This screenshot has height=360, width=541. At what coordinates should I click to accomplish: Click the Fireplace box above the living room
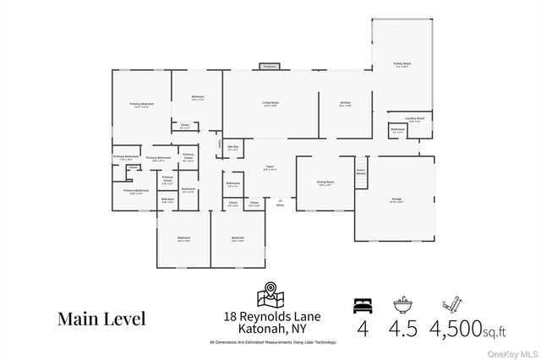[270, 66]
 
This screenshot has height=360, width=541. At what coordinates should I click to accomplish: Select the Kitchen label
[345, 103]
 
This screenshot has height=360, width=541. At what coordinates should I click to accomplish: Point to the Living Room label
[270, 103]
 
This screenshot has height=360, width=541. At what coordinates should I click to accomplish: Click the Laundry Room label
[413, 119]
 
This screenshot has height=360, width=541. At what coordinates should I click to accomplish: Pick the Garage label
[396, 199]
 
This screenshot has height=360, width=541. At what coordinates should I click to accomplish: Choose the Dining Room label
[325, 183]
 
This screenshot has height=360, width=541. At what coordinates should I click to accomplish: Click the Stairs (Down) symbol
[361, 166]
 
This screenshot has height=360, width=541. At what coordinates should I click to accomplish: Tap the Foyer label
[269, 168]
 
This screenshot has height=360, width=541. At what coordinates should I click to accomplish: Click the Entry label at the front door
[280, 205]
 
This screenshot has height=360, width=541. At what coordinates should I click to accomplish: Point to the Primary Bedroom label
[141, 105]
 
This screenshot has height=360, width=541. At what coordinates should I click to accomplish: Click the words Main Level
[101, 319]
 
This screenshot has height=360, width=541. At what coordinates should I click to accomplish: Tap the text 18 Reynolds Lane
[270, 316]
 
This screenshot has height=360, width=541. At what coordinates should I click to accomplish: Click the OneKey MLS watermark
[510, 352]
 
